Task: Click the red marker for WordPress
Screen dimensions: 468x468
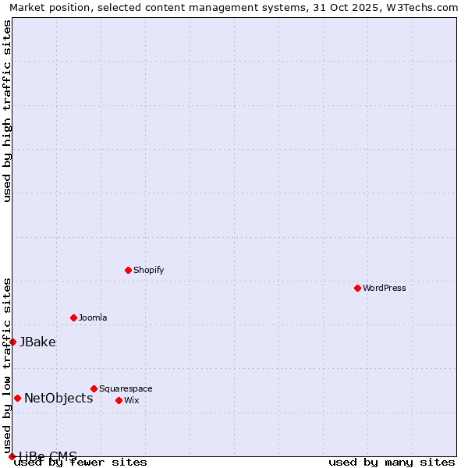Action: tap(357, 288)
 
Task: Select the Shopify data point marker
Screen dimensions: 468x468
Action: tap(128, 270)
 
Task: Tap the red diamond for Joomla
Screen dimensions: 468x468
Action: tap(73, 317)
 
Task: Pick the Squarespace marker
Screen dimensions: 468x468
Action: tap(94, 388)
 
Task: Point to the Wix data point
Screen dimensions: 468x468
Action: tap(119, 400)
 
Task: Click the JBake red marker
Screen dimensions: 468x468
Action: tap(12, 342)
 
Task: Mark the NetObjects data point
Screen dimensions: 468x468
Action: tap(17, 398)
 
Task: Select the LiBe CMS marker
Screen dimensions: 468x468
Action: tap(12, 456)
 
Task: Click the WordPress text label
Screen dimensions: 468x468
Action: tap(385, 288)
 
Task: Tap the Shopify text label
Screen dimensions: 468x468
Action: tap(148, 270)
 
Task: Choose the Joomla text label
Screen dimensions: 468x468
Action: tap(93, 317)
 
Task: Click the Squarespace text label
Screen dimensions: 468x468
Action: tap(126, 388)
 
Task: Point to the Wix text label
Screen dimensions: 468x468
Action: tap(131, 400)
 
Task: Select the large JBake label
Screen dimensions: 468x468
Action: tap(37, 342)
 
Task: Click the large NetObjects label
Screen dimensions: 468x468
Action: tap(58, 398)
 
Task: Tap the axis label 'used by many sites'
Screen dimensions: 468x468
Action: tap(392, 462)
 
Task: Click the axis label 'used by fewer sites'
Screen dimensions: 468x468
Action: tap(81, 462)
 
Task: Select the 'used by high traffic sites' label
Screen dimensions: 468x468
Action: tap(7, 111)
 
